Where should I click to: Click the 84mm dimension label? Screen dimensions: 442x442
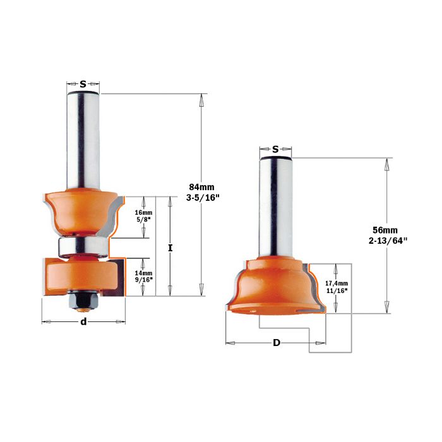(201, 187)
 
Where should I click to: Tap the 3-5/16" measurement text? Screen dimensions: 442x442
(203, 198)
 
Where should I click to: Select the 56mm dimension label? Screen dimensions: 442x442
(385, 230)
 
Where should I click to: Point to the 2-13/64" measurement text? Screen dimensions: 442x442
(388, 241)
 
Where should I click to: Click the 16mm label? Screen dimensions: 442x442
(143, 213)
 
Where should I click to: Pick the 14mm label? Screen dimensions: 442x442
(143, 273)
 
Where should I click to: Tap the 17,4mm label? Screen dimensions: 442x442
(337, 284)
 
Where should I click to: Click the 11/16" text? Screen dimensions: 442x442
(337, 291)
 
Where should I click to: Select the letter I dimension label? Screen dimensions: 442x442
(170, 248)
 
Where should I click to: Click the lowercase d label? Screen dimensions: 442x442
(83, 321)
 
